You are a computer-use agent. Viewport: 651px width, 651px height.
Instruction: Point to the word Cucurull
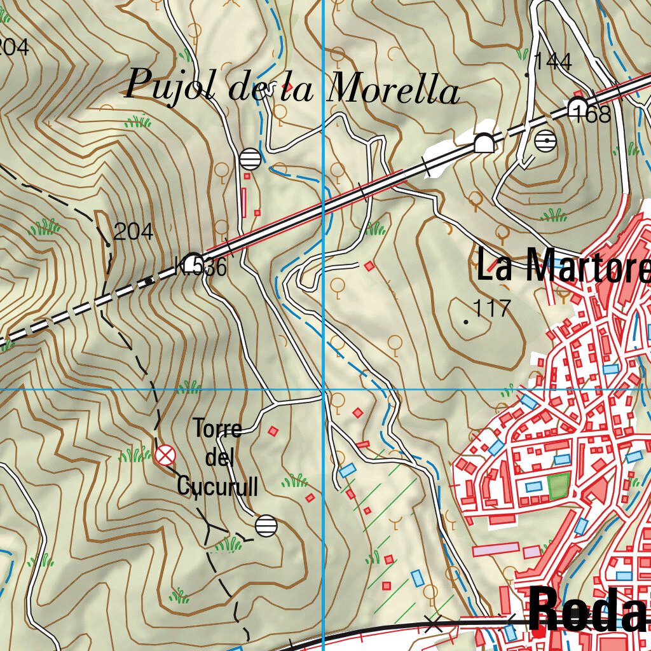(x=217, y=487)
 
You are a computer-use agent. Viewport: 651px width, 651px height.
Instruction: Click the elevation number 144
(x=552, y=62)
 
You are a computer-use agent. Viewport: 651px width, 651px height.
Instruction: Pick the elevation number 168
(x=591, y=114)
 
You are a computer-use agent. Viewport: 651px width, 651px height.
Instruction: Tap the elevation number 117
(x=493, y=308)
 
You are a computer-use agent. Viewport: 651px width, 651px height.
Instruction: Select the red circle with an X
(x=165, y=455)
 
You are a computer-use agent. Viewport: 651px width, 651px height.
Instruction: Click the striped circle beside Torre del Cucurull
(x=266, y=526)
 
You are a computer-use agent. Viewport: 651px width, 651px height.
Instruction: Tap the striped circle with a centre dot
(x=545, y=140)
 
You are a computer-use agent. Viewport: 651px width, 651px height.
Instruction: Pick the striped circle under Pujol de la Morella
(x=250, y=159)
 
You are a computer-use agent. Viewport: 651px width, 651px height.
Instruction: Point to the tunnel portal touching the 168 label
(x=577, y=105)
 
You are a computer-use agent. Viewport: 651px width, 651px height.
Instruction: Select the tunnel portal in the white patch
(x=484, y=144)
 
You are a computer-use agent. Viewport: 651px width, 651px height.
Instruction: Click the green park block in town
(x=558, y=486)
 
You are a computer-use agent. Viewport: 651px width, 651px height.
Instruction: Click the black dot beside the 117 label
(x=466, y=322)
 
